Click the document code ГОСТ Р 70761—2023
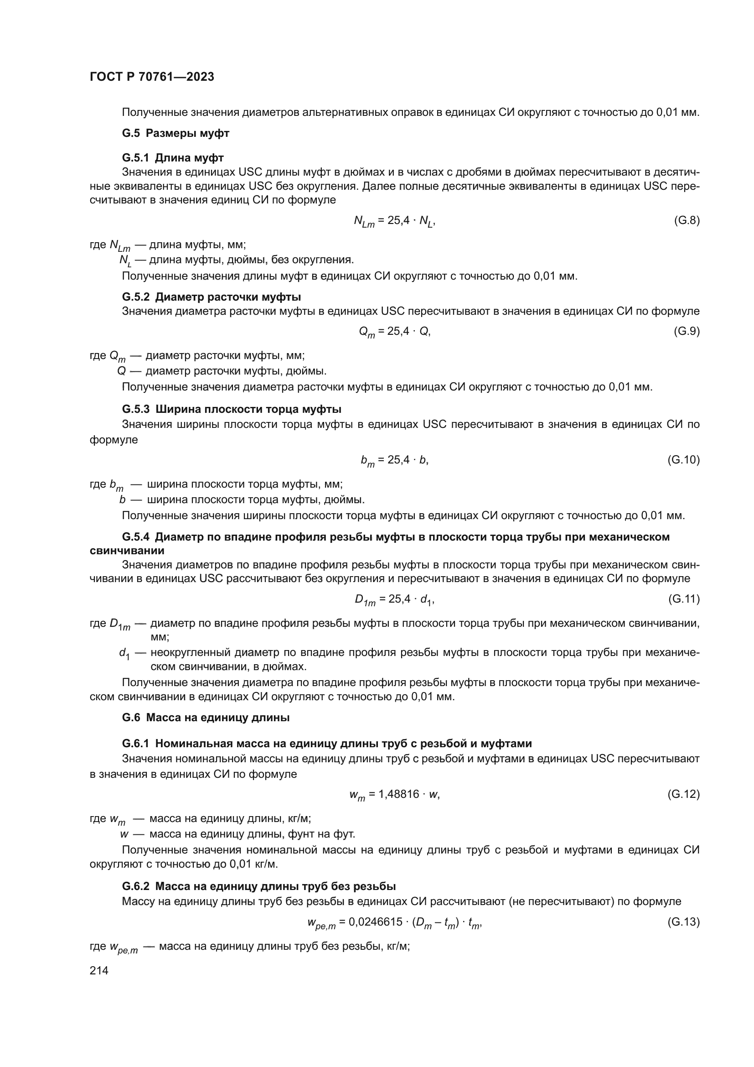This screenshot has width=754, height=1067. click(152, 77)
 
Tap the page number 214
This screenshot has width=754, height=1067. click(99, 970)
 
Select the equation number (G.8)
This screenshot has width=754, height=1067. click(687, 220)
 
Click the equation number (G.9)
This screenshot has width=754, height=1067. click(687, 331)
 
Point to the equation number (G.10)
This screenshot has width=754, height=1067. click(683, 460)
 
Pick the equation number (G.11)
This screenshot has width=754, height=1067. click(683, 599)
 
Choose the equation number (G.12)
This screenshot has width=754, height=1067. click(683, 794)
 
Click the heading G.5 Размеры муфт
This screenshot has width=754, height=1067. click(176, 133)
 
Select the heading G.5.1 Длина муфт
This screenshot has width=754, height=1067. click(173, 158)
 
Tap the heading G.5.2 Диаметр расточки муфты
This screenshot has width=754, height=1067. click(211, 297)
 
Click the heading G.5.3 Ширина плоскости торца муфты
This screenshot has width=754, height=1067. click(232, 409)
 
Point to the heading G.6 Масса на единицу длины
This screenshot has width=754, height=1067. click(206, 718)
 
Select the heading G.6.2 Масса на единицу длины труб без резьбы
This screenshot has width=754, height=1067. click(258, 886)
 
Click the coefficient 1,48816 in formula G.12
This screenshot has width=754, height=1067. click(399, 794)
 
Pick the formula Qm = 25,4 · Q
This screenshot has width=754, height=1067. click(395, 332)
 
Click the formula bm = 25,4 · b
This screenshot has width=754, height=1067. click(395, 460)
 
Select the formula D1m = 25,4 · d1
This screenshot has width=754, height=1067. click(395, 599)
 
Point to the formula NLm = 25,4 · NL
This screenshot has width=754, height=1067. click(395, 221)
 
